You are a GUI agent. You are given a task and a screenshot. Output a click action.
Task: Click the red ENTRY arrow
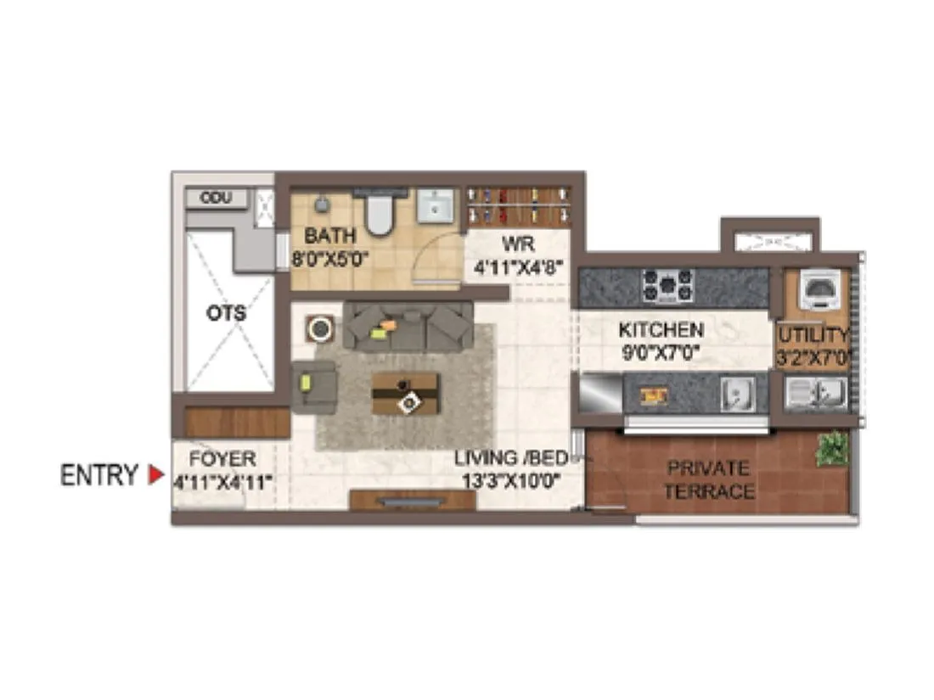coord(155,475)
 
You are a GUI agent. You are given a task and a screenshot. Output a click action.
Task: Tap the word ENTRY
coord(98,476)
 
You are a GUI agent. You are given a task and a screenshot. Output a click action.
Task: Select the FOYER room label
coord(222,460)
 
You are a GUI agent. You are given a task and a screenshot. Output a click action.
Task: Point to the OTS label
coord(227,313)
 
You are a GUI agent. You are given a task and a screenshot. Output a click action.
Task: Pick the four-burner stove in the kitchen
coord(667,286)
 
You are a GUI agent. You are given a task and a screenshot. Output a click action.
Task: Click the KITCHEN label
coord(661,330)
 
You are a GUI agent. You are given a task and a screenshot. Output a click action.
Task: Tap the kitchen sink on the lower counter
coord(736,395)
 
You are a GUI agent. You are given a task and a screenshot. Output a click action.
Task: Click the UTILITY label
coord(813,334)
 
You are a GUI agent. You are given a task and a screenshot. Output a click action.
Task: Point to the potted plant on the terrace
coord(831,448)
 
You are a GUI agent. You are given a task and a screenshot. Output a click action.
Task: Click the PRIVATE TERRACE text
coord(708,479)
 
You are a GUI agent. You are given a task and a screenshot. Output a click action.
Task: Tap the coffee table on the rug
coord(406,394)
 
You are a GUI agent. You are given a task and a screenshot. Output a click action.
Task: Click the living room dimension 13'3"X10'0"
coord(509,481)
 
